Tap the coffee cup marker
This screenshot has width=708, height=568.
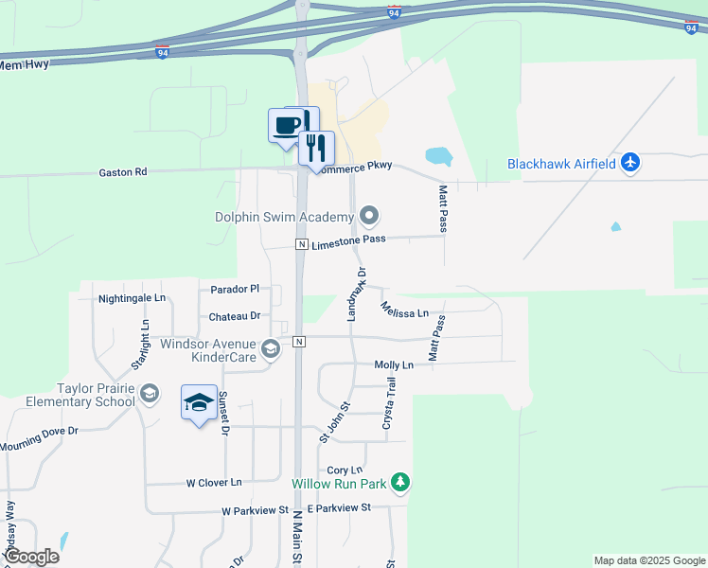pos(287,125)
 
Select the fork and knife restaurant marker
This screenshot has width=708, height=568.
pos(316,148)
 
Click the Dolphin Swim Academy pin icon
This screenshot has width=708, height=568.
pos(370,217)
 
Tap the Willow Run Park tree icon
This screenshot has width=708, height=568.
pos(401,483)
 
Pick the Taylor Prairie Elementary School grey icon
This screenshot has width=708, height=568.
pos(149,393)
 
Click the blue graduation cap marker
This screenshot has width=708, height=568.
pos(199,403)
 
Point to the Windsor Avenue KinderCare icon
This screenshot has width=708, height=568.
pos(271,350)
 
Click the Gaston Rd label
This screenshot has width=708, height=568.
pos(123,172)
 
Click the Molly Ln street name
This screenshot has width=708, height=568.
pos(394,364)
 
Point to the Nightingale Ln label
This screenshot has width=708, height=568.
pos(132,298)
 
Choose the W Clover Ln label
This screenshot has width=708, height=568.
pos(213,483)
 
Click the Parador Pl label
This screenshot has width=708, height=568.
pos(235,289)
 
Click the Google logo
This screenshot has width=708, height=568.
pos(31,557)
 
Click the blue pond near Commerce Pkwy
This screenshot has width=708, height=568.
pos(438,155)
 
